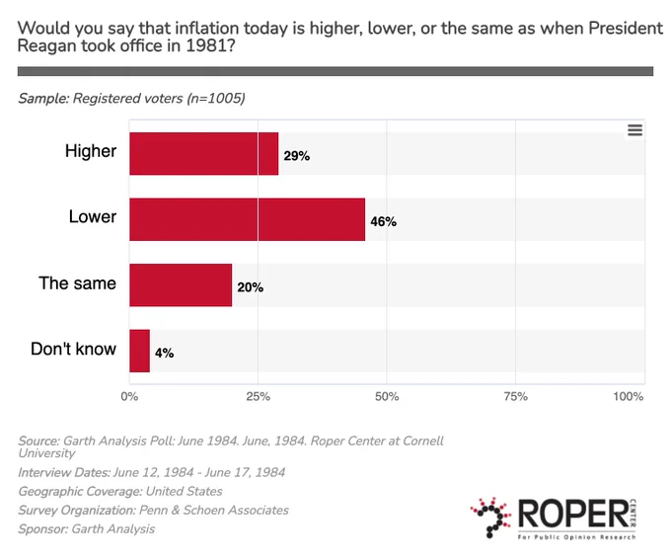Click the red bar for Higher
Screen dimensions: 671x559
pyautogui.click(x=203, y=153)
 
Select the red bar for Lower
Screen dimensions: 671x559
pyautogui.click(x=248, y=219)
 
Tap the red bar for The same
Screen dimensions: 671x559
pyautogui.click(x=181, y=284)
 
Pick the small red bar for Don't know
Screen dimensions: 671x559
pyautogui.click(x=139, y=351)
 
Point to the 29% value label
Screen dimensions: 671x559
pyautogui.click(x=297, y=156)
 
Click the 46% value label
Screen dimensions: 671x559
pyautogui.click(x=384, y=221)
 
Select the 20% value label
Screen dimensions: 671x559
pyautogui.click(x=251, y=287)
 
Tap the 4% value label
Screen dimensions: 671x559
pyautogui.click(x=165, y=353)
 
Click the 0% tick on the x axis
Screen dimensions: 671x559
pyautogui.click(x=129, y=397)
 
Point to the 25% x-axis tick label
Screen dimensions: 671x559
pyautogui.click(x=259, y=397)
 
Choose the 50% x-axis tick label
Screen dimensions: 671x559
pyautogui.click(x=387, y=397)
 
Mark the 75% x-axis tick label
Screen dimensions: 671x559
pyautogui.click(x=516, y=397)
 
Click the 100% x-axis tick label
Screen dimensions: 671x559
pyautogui.click(x=629, y=397)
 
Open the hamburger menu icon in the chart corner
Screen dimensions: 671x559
pyautogui.click(x=635, y=129)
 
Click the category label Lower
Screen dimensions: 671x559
pyautogui.click(x=93, y=216)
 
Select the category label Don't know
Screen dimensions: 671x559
pyautogui.click(x=73, y=349)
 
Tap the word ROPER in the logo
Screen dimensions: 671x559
pyautogui.click(x=572, y=514)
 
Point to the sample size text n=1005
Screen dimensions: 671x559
pyautogui.click(x=216, y=98)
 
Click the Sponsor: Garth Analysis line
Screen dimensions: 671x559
pyautogui.click(x=87, y=529)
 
